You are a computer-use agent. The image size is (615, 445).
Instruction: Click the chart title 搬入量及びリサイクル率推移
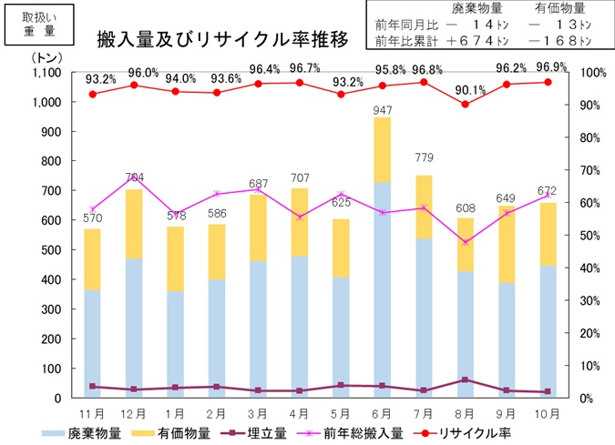click(223, 39)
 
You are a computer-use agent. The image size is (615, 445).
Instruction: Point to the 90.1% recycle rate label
click(465, 89)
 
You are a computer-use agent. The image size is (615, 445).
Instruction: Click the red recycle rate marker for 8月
click(465, 104)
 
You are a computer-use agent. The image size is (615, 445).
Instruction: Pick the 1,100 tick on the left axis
click(45, 73)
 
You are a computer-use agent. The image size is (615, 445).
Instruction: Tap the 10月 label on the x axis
click(548, 414)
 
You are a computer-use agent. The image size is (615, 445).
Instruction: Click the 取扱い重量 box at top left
click(38, 24)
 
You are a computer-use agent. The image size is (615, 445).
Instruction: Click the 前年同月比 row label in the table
click(407, 25)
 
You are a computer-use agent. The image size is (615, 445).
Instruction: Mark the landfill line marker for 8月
click(465, 379)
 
